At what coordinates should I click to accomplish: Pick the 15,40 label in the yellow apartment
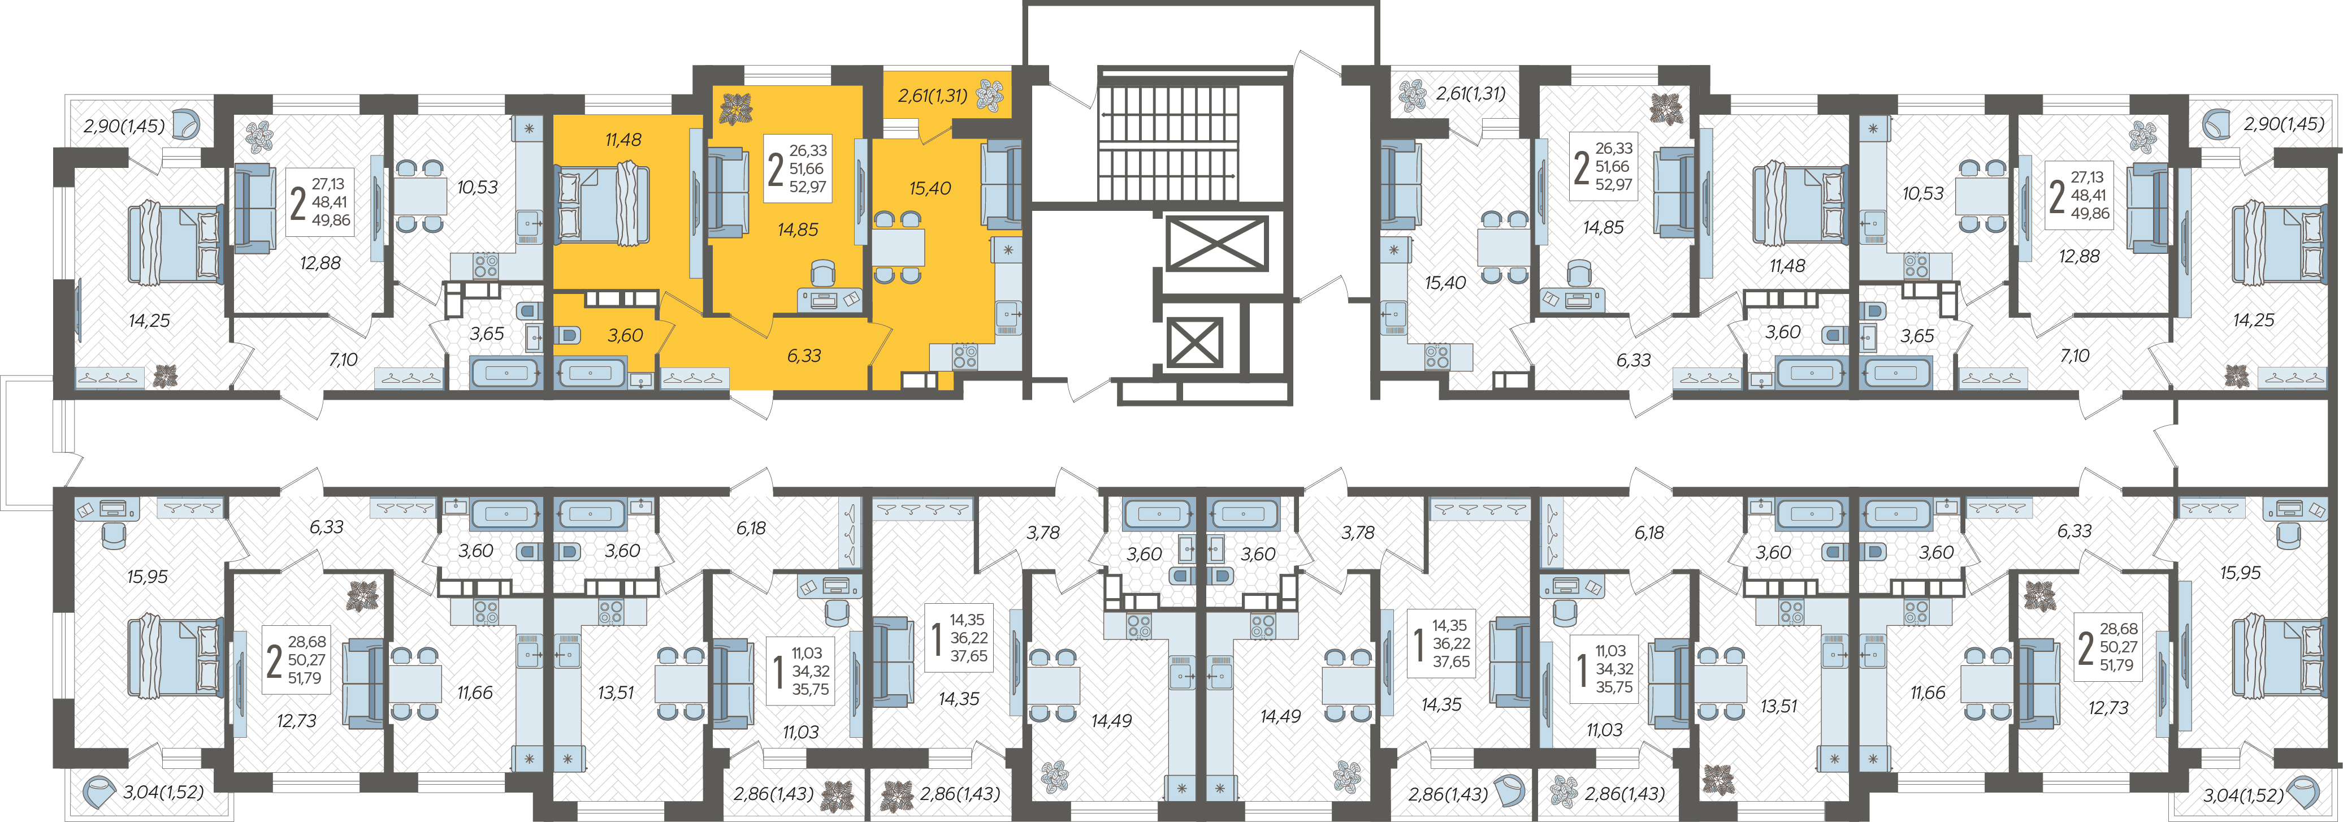(929, 188)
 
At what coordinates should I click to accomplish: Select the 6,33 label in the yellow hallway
(804, 356)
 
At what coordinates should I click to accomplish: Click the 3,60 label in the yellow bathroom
(626, 336)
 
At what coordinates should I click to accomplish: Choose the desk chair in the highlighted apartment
(822, 273)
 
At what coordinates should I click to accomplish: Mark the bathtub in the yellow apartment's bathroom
(591, 373)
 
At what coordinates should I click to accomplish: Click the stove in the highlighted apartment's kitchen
(965, 356)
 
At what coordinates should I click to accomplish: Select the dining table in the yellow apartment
(899, 247)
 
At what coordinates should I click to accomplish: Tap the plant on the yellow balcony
(990, 94)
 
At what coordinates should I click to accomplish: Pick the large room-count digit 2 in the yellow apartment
(775, 169)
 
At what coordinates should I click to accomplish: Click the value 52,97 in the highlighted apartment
(808, 187)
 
